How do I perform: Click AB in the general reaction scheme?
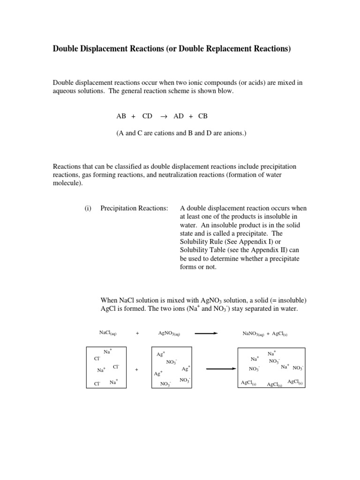pos(121,116)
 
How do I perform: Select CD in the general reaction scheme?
pos(147,116)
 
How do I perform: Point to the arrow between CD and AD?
pos(164,116)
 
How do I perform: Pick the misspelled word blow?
pos(225,91)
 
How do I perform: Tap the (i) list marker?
pos(88,209)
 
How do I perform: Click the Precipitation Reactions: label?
pos(134,209)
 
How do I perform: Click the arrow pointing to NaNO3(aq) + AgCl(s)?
pos(206,333)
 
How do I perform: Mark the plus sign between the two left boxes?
pos(136,369)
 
